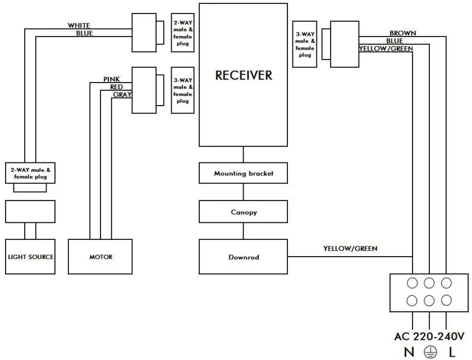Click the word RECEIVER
tap(244, 75)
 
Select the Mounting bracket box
tap(244, 174)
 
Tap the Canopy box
tap(244, 213)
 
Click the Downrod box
tap(243, 257)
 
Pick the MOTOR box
tap(101, 257)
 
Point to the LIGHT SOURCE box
tap(31, 257)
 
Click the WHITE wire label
tap(79, 26)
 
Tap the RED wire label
tap(117, 87)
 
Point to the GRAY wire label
tap(122, 94)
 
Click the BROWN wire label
tap(402, 34)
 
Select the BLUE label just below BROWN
tap(395, 41)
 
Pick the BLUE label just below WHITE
tap(84, 33)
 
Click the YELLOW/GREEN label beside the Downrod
tap(350, 248)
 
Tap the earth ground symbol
tap(429, 352)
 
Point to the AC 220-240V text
tap(429, 337)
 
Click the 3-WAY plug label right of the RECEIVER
tap(305, 44)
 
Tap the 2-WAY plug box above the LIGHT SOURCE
tap(30, 173)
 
